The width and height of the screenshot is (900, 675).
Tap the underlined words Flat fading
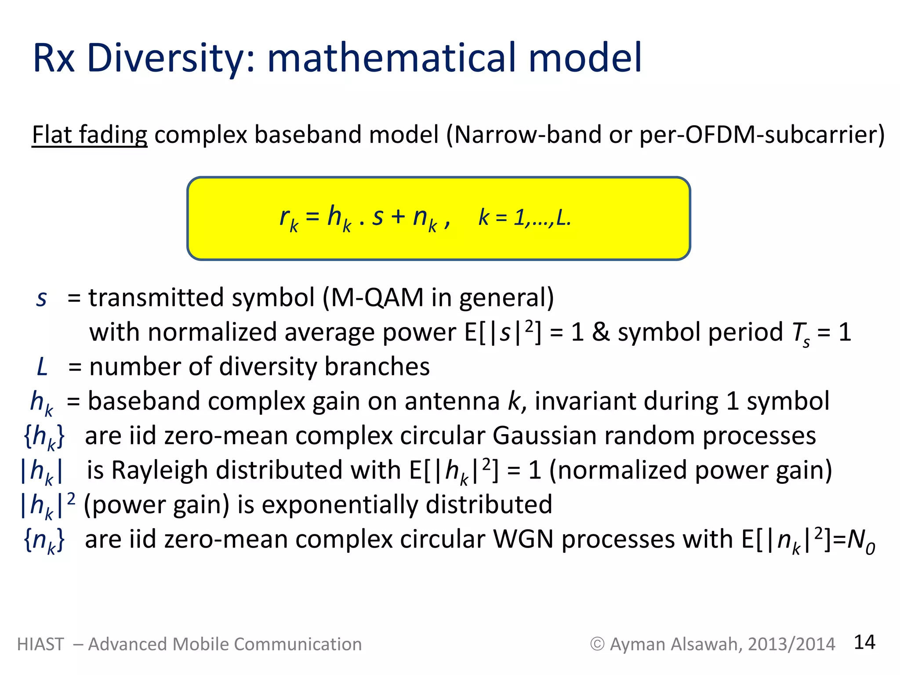90,135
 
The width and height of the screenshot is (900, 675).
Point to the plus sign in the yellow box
398,217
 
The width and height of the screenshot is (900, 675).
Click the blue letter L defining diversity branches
42,367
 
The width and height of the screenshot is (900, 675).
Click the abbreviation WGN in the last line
523,539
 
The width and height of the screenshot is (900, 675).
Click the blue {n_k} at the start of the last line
44,541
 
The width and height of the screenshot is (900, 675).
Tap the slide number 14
864,642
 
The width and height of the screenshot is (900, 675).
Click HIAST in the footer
40,644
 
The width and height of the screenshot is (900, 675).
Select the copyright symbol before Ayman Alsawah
597,644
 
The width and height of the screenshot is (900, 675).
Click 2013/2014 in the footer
791,644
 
